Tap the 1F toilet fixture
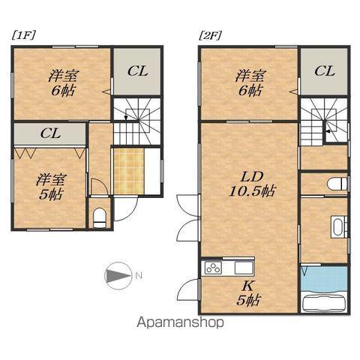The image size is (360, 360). click(100, 217)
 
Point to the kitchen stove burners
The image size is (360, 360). click(213, 268)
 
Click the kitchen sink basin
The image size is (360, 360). click(244, 268)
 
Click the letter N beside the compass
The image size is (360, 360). click(139, 276)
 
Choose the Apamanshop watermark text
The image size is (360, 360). click(181, 325)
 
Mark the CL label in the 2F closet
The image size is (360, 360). click(324, 71)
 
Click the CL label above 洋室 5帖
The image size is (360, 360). click(50, 134)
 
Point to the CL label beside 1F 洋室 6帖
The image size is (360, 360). click(137, 71)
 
